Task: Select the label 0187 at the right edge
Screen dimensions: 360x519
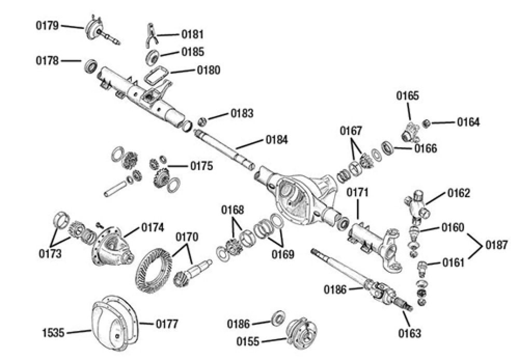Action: click(x=497, y=245)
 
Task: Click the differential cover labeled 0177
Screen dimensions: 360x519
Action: click(x=115, y=324)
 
